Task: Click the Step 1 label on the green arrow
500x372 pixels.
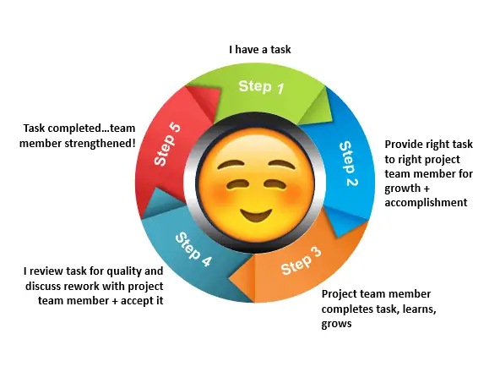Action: (x=261, y=87)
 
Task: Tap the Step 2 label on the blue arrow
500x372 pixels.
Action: (x=349, y=163)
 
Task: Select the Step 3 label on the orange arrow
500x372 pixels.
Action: (x=301, y=261)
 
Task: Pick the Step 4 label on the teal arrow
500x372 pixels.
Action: (x=193, y=249)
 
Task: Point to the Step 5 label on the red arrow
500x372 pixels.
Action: (x=167, y=145)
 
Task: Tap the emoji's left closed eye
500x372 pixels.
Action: (x=235, y=184)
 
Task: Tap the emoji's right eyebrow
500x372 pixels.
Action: (x=282, y=165)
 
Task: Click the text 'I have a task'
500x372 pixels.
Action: (x=260, y=50)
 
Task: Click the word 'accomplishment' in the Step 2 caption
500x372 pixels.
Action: (x=426, y=202)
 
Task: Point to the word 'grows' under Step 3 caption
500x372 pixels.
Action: (x=336, y=324)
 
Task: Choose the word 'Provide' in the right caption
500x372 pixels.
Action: (x=404, y=144)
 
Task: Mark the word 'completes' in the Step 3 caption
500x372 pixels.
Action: (x=347, y=309)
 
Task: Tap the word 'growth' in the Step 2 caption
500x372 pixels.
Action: (x=402, y=189)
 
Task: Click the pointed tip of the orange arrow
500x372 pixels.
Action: (x=229, y=279)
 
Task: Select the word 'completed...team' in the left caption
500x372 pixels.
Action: (x=93, y=129)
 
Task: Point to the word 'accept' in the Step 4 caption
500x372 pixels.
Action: (x=137, y=301)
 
